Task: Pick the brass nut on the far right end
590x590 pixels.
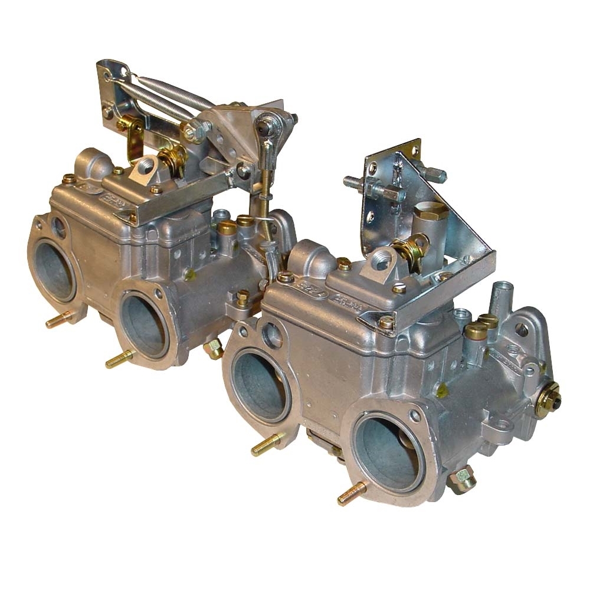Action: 548,401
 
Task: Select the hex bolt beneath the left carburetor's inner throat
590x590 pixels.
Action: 212,349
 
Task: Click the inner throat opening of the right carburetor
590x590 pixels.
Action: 260,383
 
